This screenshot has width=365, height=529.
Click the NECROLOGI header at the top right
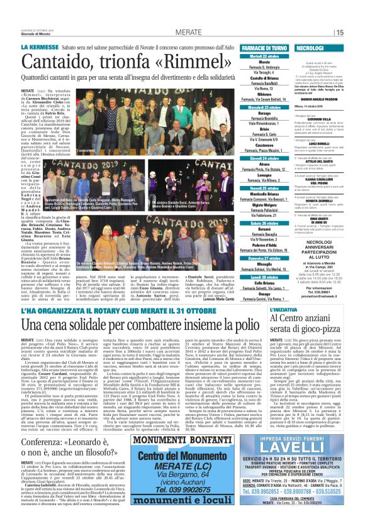pos(310,48)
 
